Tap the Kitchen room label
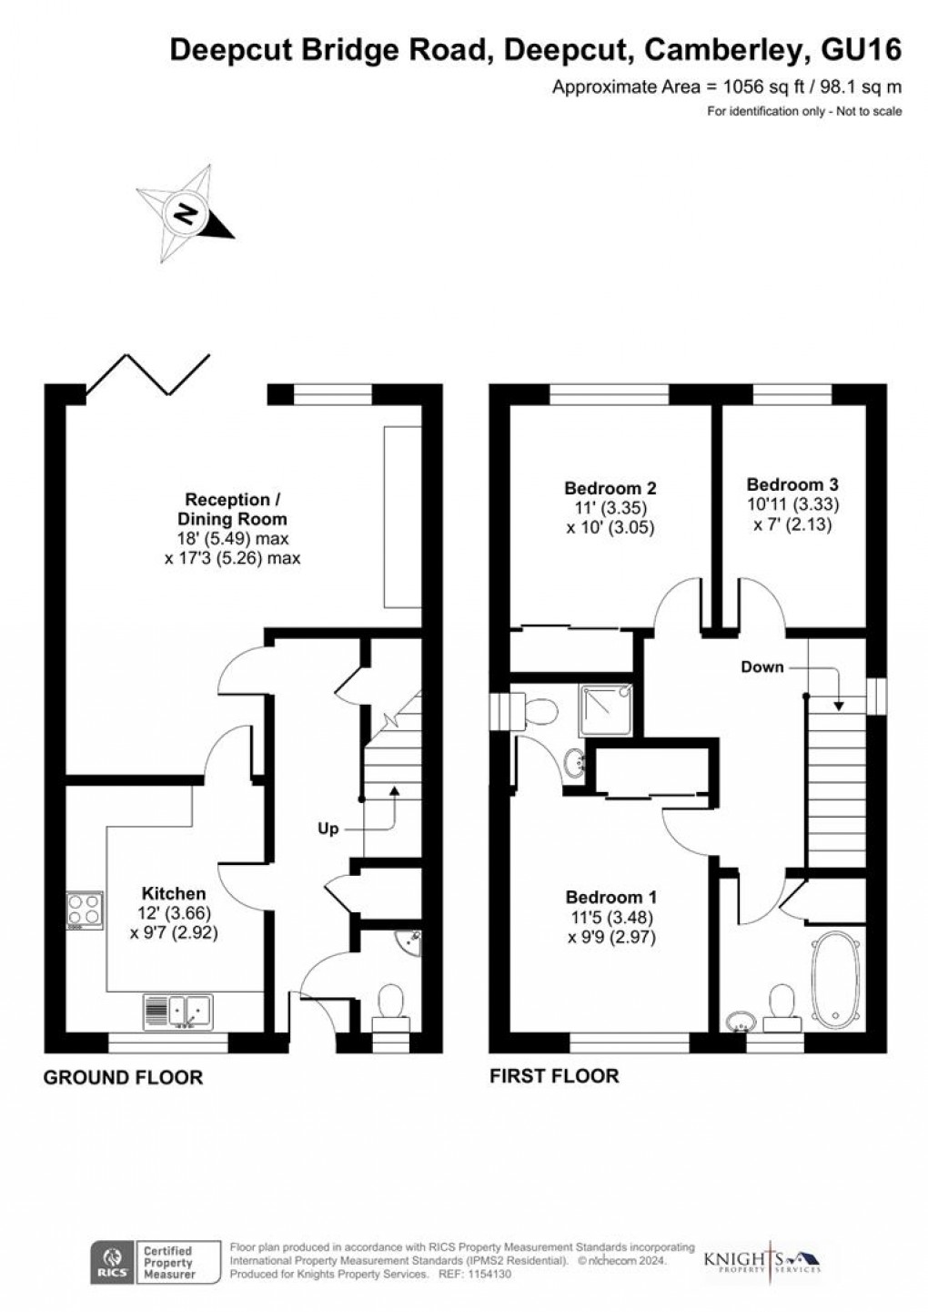(x=173, y=893)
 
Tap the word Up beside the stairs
(x=328, y=829)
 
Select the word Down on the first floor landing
(x=762, y=666)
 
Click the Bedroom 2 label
(x=610, y=488)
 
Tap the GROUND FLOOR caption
(x=124, y=1078)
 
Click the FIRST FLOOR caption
(x=554, y=1076)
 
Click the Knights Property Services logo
(x=762, y=1261)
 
